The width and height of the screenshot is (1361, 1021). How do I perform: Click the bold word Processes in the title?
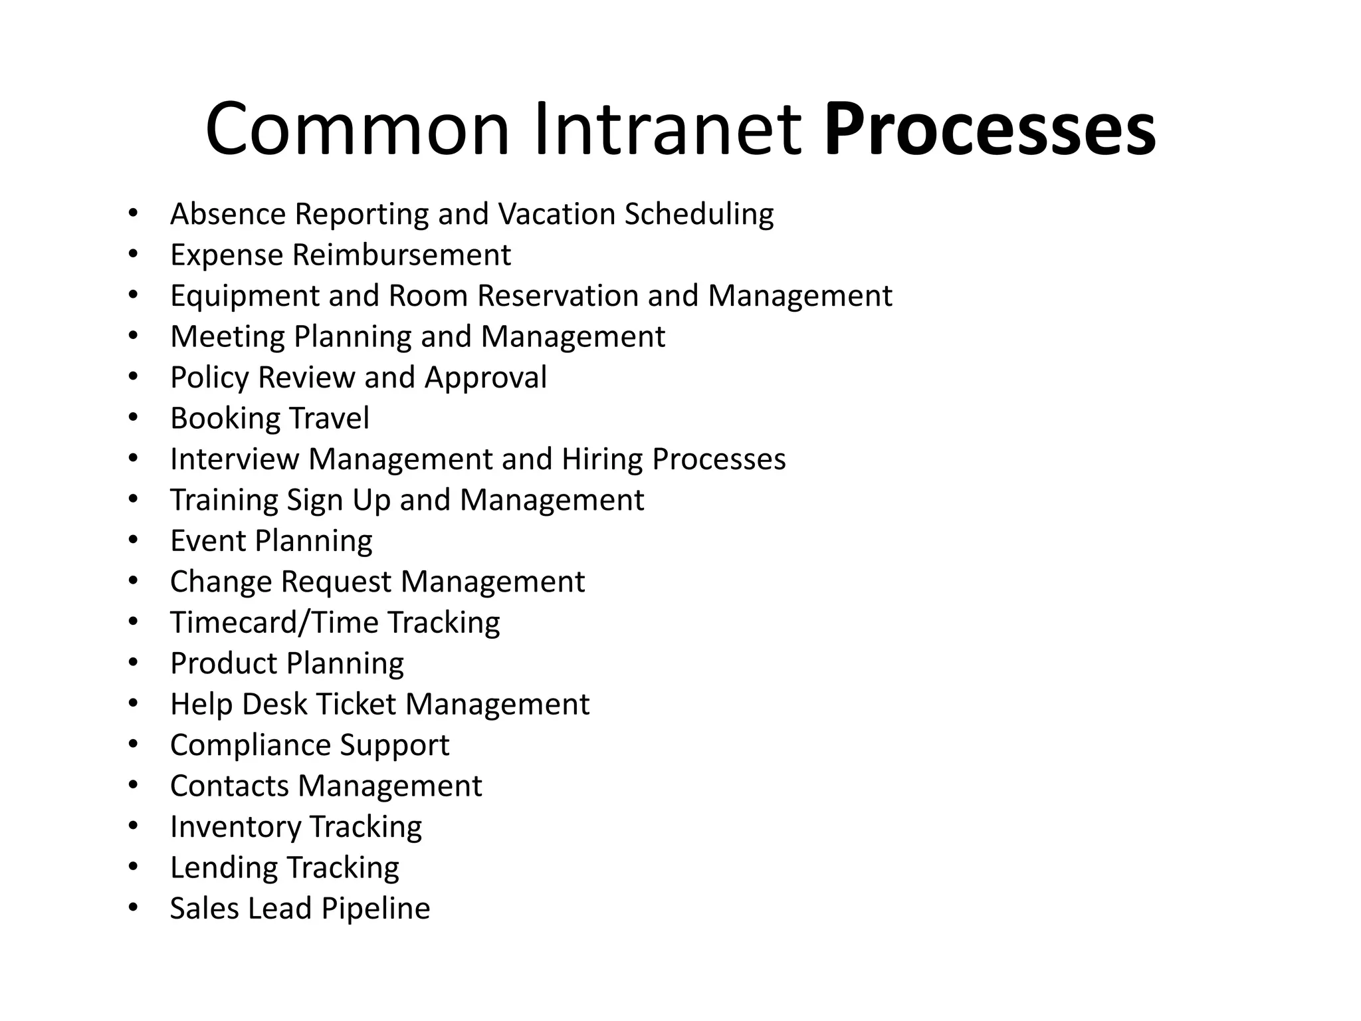tap(990, 129)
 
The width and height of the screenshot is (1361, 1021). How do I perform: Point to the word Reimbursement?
tap(401, 255)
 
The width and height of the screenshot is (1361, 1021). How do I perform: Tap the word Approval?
tap(486, 378)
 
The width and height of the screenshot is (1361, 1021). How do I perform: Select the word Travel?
tap(330, 419)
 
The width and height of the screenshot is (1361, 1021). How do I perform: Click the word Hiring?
tap(602, 459)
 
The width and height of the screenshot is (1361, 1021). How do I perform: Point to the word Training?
tap(224, 501)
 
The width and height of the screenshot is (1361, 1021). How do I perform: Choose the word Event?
tap(207, 541)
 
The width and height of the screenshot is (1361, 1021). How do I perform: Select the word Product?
tap(223, 663)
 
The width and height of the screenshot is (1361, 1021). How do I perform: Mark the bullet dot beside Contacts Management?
tap(133, 786)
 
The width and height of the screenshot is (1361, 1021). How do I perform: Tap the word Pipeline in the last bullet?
tap(376, 909)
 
